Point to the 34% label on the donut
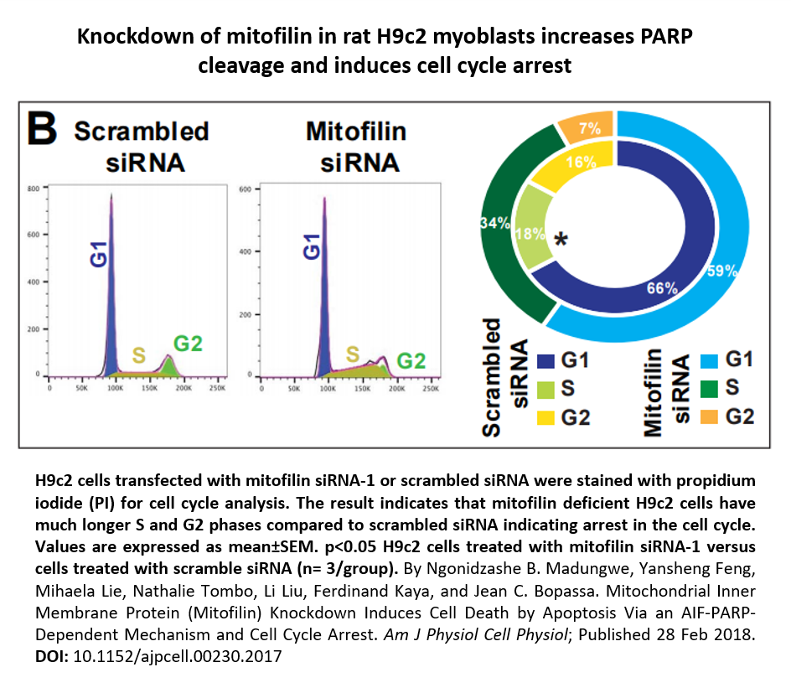pos(494,223)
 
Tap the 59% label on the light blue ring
pos(721,270)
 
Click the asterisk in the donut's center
pos(561,241)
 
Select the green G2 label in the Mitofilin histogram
pos(411,361)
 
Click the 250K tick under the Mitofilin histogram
pos(431,389)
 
